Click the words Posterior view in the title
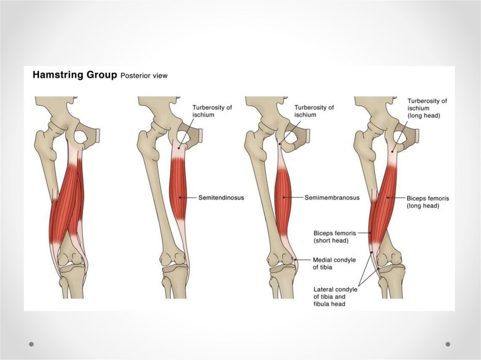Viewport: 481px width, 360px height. (x=144, y=76)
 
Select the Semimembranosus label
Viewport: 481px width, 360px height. (x=332, y=198)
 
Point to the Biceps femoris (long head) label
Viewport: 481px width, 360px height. (x=427, y=202)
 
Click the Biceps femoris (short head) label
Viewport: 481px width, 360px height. (x=335, y=237)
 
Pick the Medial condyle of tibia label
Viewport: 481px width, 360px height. (x=334, y=263)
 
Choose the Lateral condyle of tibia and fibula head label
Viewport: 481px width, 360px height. (x=335, y=297)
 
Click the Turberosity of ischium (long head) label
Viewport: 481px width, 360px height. (x=427, y=108)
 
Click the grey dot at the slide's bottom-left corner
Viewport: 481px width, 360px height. (x=31, y=344)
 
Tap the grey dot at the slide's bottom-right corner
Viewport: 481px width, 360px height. (x=448, y=344)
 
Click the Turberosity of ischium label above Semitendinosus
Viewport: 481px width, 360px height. (x=212, y=111)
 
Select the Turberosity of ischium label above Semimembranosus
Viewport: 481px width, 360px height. (x=314, y=111)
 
